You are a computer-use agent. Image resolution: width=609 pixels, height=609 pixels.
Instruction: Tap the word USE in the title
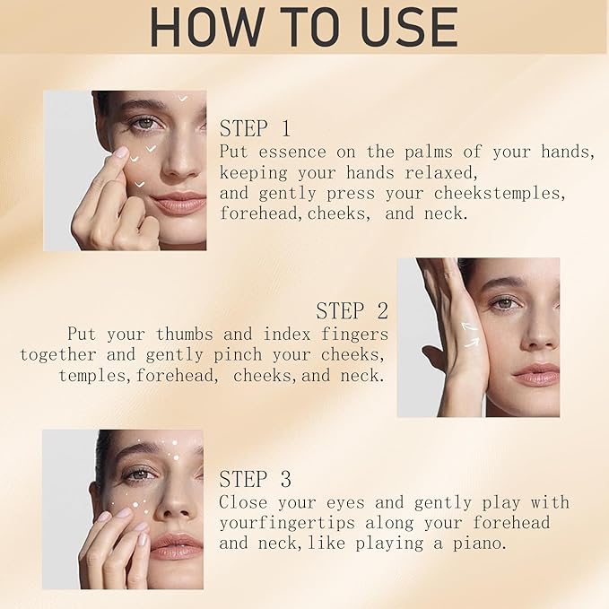click(x=409, y=26)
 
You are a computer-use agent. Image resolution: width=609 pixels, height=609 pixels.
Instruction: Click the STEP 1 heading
click(x=255, y=128)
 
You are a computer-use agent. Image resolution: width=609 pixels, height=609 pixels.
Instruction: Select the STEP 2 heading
click(x=352, y=310)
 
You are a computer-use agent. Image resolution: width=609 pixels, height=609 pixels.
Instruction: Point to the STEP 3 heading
click(x=255, y=479)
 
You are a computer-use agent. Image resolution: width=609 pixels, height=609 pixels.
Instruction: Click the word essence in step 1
click(x=292, y=152)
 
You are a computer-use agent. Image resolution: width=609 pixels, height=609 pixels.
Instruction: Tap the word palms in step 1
click(x=429, y=152)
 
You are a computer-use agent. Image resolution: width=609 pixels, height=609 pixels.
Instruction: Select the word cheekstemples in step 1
click(x=497, y=193)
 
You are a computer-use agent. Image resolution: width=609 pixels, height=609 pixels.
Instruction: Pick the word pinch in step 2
click(x=238, y=355)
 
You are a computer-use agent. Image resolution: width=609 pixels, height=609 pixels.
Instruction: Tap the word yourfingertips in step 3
click(x=287, y=523)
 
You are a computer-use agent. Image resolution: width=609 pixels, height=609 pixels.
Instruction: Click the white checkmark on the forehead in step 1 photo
click(x=183, y=99)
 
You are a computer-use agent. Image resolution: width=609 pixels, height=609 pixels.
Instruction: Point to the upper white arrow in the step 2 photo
click(x=469, y=326)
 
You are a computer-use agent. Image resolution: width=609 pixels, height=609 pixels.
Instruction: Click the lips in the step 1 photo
click(x=179, y=202)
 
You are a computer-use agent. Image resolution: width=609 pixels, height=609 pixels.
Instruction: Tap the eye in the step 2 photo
click(x=504, y=303)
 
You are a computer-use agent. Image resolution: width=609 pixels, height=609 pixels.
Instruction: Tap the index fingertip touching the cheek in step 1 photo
click(x=122, y=152)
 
